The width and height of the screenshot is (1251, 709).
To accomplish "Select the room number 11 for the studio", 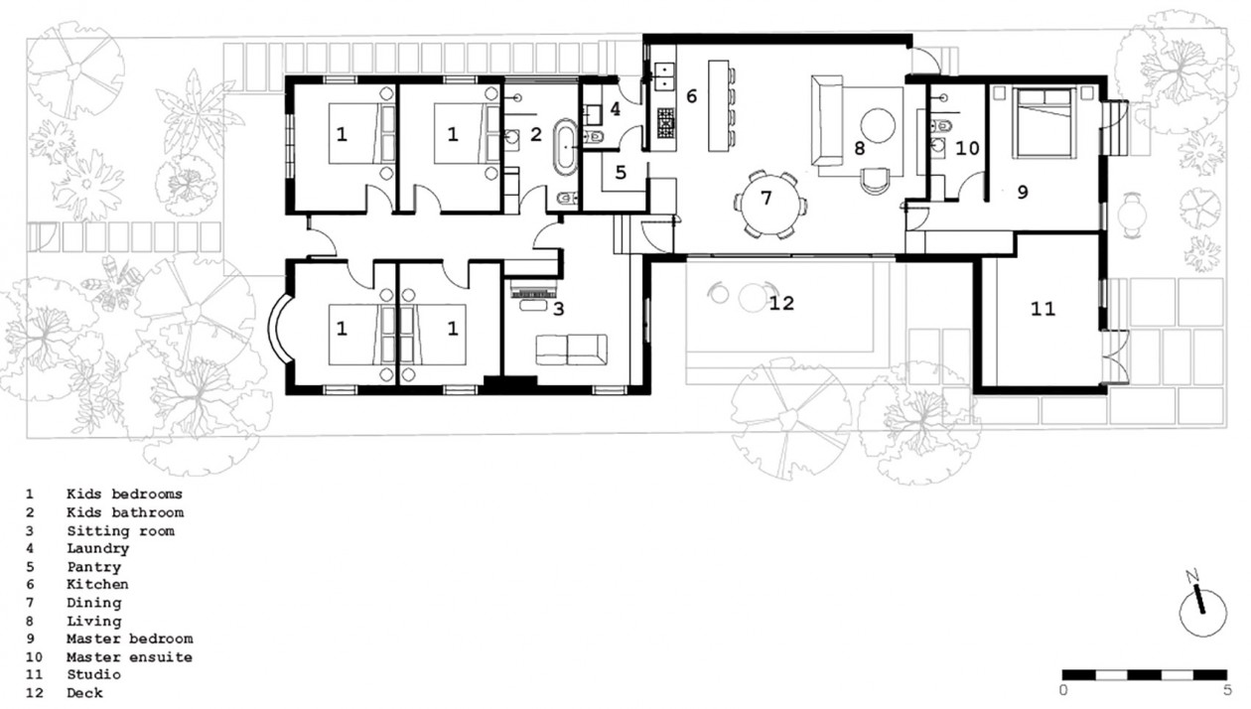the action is tap(1042, 309).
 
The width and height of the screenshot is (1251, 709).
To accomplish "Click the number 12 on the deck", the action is tap(781, 303).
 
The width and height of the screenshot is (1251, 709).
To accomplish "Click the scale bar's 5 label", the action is tap(1227, 690).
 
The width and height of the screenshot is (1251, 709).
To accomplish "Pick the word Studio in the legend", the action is tap(93, 674).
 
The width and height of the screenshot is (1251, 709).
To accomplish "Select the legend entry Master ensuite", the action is tap(129, 656).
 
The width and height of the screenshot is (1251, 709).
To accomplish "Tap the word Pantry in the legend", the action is tap(93, 567).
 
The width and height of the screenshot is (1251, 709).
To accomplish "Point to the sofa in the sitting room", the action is tap(571, 350).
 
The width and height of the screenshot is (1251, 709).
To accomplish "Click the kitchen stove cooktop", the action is tap(665, 123).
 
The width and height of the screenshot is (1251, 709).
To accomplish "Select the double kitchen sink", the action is tap(665, 76).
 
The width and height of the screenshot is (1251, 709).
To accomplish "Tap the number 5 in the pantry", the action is tap(621, 172).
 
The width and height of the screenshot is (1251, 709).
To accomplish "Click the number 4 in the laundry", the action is tap(615, 109).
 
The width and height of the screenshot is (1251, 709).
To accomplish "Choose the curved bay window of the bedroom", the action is tap(278, 328).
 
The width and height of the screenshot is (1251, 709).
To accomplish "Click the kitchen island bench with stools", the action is tap(722, 105).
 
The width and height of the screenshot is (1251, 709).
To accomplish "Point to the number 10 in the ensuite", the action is tap(967, 148).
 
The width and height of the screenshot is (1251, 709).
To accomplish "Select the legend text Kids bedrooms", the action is tap(124, 494).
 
